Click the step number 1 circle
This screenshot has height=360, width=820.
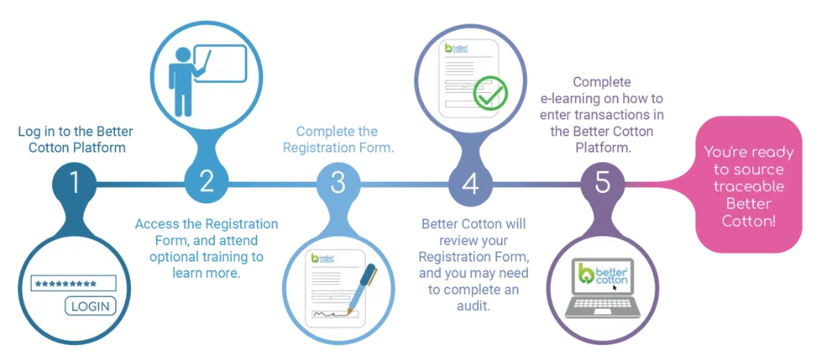(74, 184)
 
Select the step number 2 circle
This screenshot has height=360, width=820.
(206, 184)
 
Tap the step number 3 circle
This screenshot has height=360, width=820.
(339, 184)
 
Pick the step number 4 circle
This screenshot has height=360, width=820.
(471, 184)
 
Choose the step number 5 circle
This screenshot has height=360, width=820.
(603, 184)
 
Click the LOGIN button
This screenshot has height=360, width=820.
(90, 306)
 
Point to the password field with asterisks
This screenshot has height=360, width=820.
(72, 284)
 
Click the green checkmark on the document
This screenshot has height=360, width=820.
(490, 93)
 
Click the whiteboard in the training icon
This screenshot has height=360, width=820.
(220, 63)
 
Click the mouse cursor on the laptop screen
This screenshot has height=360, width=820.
(615, 288)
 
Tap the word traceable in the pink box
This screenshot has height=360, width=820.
(748, 186)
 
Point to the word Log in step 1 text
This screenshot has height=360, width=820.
(28, 132)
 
